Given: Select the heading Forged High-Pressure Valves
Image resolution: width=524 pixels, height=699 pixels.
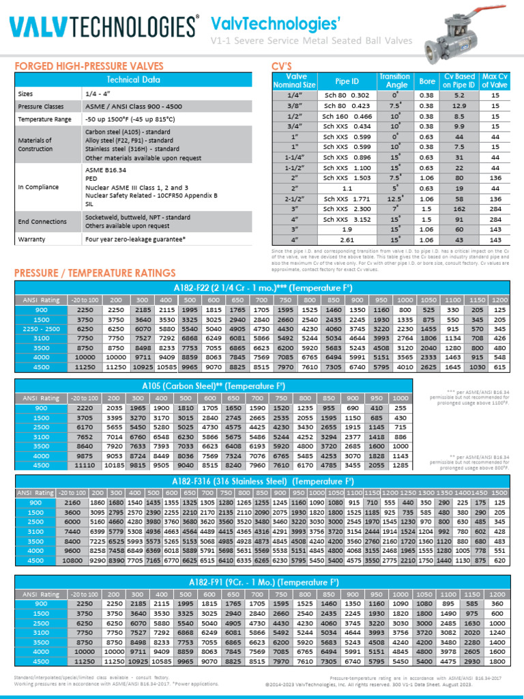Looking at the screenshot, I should (x=89, y=66).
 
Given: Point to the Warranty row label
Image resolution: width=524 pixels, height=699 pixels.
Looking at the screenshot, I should (x=31, y=240).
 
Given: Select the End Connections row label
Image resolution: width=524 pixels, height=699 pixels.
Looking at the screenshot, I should (x=42, y=221).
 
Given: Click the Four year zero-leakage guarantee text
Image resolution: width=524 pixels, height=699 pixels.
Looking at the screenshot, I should (x=135, y=240).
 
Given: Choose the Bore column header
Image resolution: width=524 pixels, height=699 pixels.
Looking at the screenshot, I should (x=427, y=81).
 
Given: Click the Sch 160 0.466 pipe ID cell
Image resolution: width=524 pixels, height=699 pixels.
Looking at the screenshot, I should (x=347, y=117).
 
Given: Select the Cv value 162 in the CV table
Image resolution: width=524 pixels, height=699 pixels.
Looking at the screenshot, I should (x=459, y=209).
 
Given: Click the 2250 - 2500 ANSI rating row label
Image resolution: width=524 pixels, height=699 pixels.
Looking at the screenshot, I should (x=42, y=328).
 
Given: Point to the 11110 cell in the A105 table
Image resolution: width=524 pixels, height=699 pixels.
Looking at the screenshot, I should (x=85, y=466).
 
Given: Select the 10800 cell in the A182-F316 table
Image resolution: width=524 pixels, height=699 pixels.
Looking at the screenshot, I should (x=72, y=560).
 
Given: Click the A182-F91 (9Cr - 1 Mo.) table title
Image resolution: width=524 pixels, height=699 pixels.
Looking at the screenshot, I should (x=262, y=583).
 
